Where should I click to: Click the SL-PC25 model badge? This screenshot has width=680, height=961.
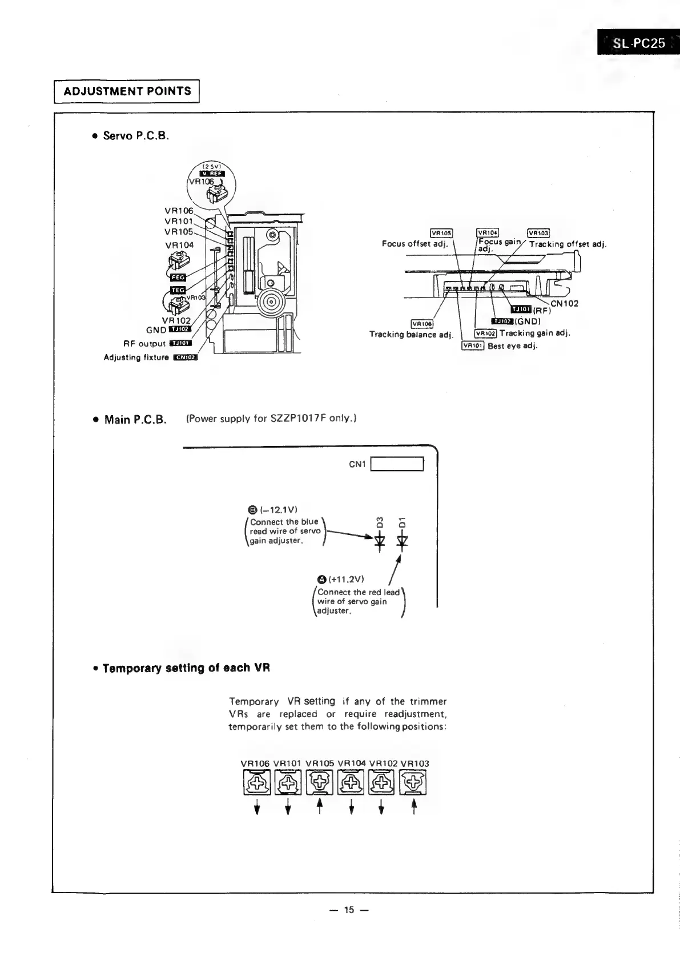click(x=638, y=43)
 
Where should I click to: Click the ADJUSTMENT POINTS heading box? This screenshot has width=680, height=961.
click(x=127, y=91)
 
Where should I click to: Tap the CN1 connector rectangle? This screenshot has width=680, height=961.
click(x=397, y=464)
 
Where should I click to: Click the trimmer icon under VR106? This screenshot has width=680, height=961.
click(x=257, y=783)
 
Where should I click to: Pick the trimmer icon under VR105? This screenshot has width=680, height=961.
click(x=320, y=783)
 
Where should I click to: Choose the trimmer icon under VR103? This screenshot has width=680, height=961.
click(x=414, y=783)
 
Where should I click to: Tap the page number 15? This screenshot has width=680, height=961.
click(x=349, y=910)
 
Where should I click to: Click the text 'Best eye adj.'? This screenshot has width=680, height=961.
click(x=512, y=345)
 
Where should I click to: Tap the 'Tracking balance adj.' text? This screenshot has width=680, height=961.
click(x=411, y=335)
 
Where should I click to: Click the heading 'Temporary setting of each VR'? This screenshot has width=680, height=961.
click(x=186, y=668)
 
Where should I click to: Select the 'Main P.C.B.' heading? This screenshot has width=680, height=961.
click(x=135, y=420)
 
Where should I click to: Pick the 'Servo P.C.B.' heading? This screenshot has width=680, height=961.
click(x=136, y=136)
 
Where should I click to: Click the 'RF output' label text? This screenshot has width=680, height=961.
click(x=144, y=344)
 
